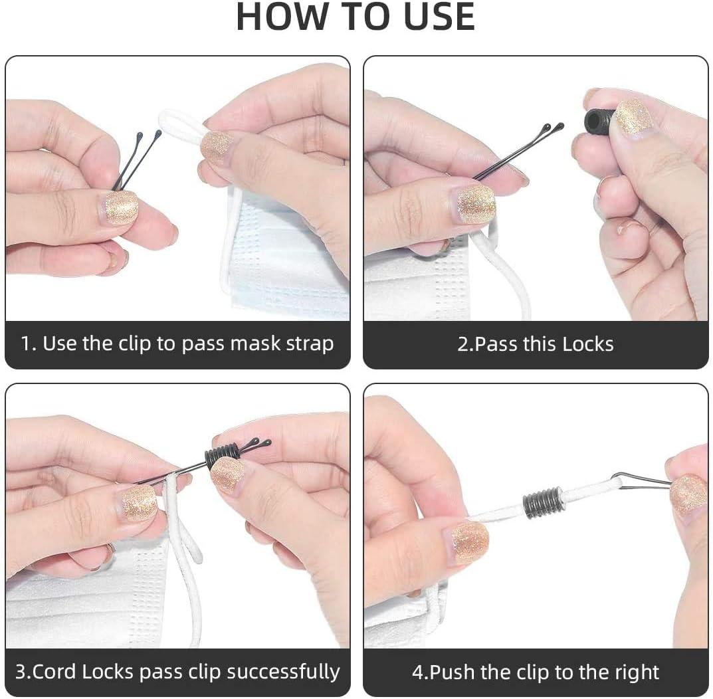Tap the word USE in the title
439,17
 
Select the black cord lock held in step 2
600,120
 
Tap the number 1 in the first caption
27,344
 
